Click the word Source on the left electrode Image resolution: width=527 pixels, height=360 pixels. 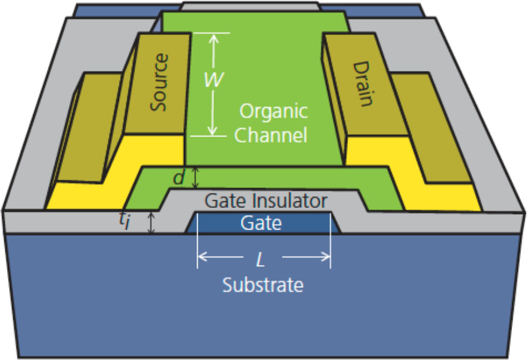tap(159, 82)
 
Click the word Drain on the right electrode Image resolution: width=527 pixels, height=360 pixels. tap(362, 84)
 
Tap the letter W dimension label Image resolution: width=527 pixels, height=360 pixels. tap(210, 80)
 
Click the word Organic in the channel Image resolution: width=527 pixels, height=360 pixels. tap(273, 112)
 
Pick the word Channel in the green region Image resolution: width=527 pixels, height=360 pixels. tap(270, 135)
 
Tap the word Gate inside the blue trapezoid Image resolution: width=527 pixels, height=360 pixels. tap(261, 223)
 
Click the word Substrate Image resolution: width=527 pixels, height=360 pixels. tap(263, 285)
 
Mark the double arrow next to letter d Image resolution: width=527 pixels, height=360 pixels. tap(195, 178)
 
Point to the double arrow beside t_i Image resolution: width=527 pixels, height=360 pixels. tap(151, 222)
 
